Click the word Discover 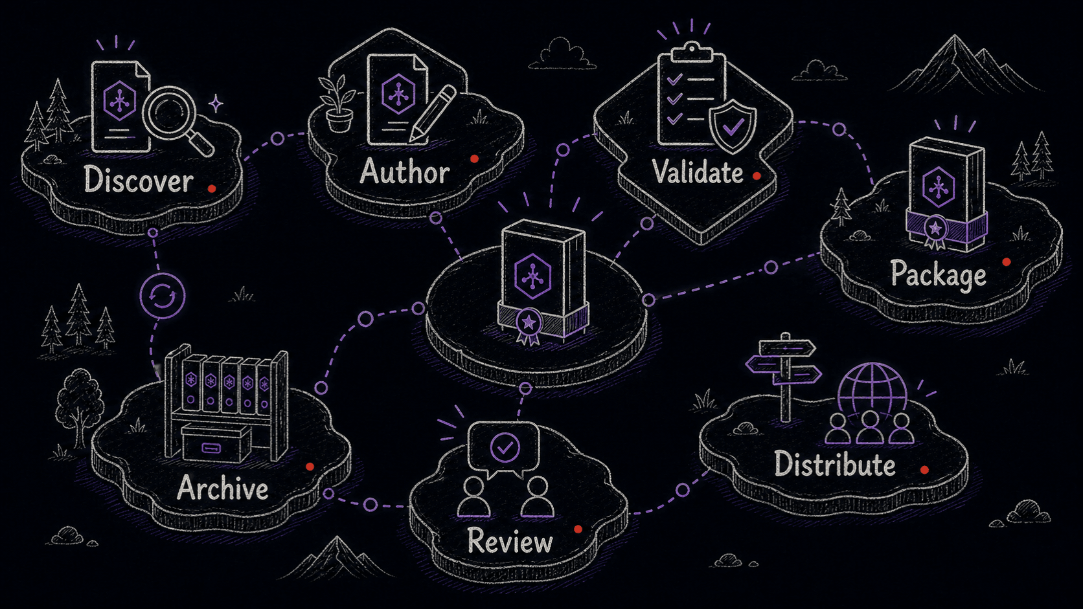139,180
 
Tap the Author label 405,172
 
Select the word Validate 697,172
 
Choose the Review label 510,540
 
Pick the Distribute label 835,464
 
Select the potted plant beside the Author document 338,104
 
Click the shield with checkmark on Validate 733,126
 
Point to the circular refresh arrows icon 163,296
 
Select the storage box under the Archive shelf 216,443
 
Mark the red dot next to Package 1007,262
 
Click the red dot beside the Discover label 212,189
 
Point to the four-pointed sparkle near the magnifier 216,104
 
